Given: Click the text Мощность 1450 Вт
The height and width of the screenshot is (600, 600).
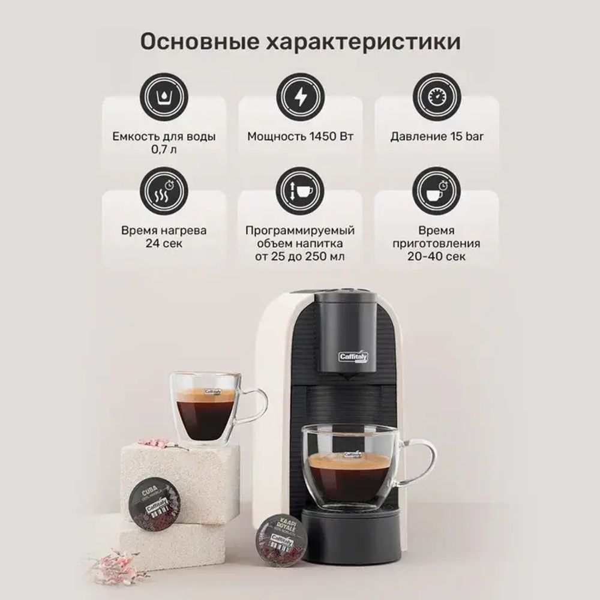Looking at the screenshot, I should coord(300,136).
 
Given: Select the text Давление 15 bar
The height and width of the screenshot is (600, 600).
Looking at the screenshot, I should coord(437,136).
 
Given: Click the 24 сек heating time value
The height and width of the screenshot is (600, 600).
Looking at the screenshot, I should coord(163,244).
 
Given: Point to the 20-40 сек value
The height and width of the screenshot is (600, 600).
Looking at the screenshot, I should coord(437,257).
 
